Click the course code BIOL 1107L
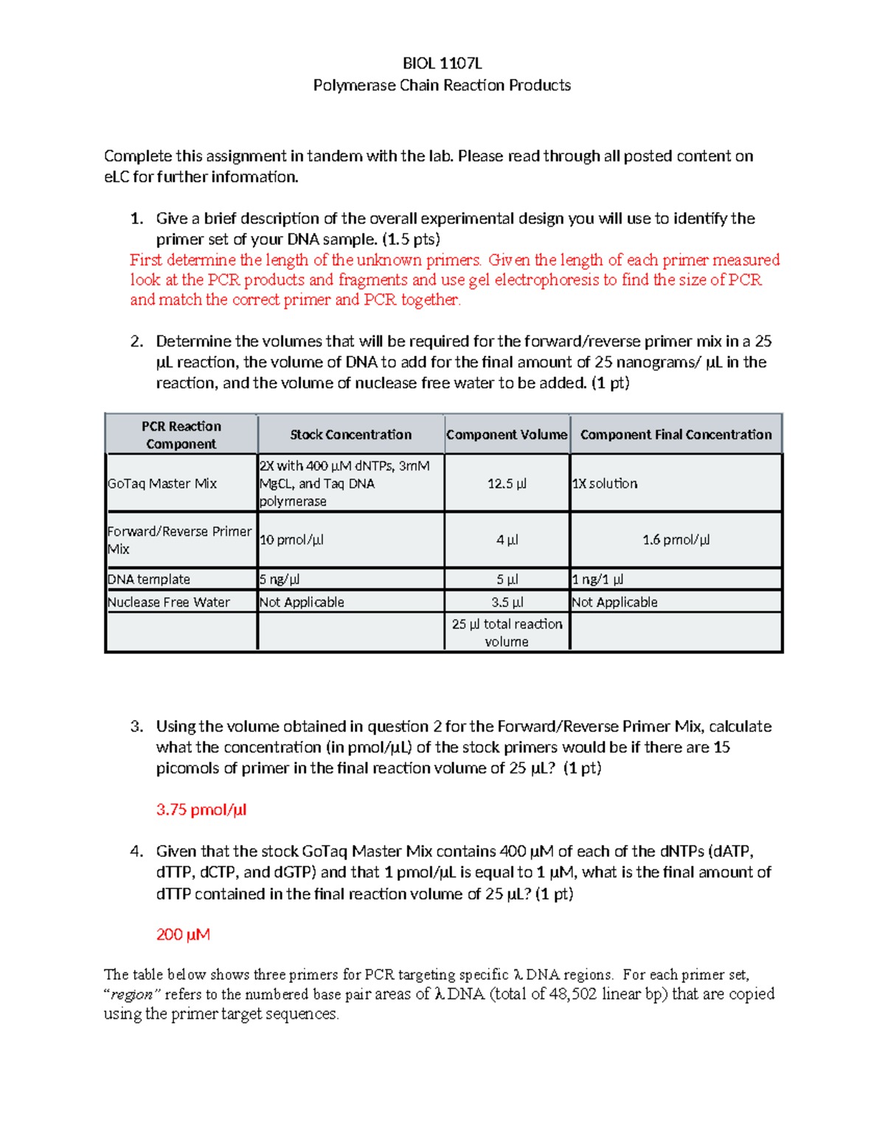[442, 63]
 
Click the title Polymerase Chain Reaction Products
[442, 86]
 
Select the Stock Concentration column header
[350, 435]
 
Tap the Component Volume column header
[507, 435]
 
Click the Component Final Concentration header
[676, 435]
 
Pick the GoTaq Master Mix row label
[162, 484]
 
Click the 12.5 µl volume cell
[507, 484]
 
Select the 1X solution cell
[605, 484]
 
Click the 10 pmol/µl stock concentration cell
[291, 540]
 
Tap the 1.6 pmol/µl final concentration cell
[676, 540]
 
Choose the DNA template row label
[149, 580]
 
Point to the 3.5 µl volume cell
[507, 602]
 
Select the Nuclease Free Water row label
[169, 602]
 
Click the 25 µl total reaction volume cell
[507, 633]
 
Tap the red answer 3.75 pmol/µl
[201, 810]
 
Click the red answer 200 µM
[183, 935]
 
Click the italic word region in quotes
[133, 995]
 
